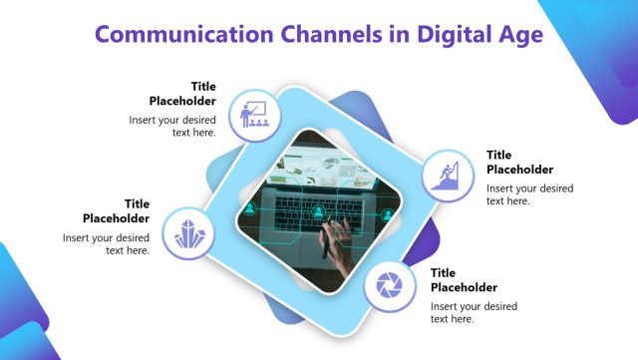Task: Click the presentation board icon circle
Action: point(253,115)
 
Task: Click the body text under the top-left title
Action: point(172,126)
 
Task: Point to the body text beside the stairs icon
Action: point(529,194)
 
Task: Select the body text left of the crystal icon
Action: point(107,244)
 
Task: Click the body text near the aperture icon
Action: point(474,312)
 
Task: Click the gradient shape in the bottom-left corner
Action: point(30,319)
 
